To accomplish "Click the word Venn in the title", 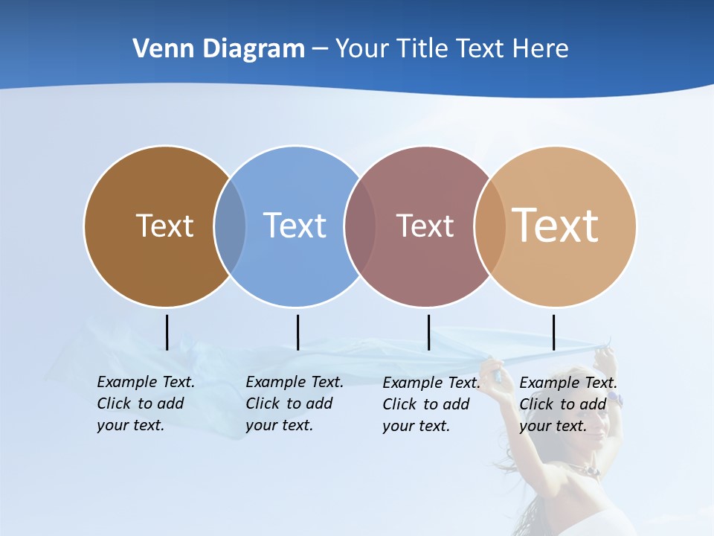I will point(157,49).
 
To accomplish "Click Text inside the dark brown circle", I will point(164,226).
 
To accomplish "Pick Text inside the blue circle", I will point(295,226).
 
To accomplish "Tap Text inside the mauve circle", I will point(425,226).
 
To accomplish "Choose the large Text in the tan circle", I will point(556,226).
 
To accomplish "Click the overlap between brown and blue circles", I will point(229,226).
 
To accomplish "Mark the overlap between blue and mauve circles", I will point(359,226).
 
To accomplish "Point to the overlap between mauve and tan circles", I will point(489,226).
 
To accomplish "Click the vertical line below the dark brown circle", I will point(167,332).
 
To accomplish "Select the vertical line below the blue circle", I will point(297,332).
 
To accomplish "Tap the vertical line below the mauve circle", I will point(428,332).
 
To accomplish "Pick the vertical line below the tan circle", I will point(553,332).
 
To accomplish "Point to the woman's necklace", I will point(585,470).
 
